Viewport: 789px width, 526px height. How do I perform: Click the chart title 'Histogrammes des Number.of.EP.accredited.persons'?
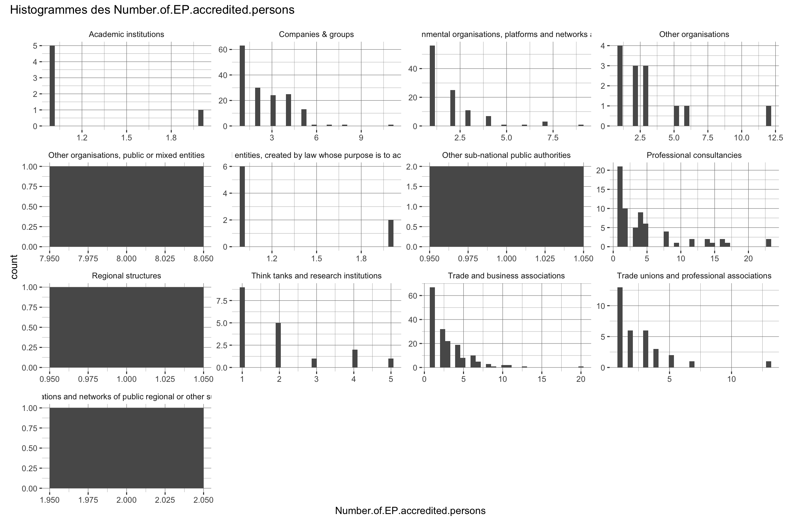(152, 10)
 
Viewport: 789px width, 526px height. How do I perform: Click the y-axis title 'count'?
(14, 267)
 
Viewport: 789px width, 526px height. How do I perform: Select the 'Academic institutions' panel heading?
(126, 35)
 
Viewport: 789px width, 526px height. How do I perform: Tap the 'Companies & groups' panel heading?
(316, 35)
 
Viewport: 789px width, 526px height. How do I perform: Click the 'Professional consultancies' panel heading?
(694, 155)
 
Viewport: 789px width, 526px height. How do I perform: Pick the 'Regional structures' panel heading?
(126, 276)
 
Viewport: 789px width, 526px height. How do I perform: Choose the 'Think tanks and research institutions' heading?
(316, 276)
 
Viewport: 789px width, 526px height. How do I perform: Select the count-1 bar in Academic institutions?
(201, 118)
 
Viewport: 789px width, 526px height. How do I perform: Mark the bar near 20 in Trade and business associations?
(581, 367)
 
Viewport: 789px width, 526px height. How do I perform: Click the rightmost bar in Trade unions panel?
(768, 364)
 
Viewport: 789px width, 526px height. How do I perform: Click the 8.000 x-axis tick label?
(126, 259)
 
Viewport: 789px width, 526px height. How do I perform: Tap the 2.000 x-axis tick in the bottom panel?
(126, 500)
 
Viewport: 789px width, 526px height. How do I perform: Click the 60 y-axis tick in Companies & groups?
(223, 50)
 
